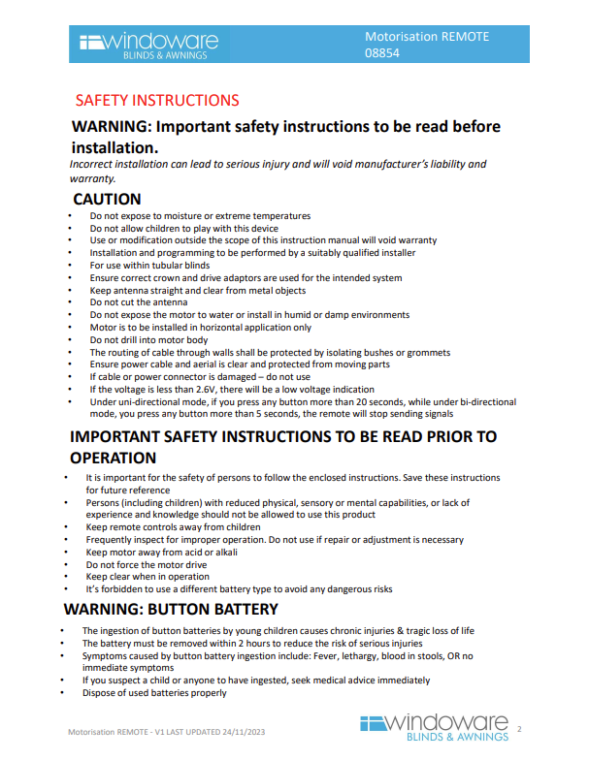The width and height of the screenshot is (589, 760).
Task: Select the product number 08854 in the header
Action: pos(381,53)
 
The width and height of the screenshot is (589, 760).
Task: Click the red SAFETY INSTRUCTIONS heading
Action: pos(156,100)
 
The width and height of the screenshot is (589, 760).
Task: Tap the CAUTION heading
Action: pos(107,199)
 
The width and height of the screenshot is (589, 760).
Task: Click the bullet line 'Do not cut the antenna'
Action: pos(139,302)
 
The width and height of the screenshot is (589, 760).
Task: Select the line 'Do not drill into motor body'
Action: pos(148,340)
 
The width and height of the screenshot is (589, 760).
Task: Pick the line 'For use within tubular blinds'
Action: pos(149,265)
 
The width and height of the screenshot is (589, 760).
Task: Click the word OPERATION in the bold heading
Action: pos(113,458)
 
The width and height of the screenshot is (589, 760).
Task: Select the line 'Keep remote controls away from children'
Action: pos(173,527)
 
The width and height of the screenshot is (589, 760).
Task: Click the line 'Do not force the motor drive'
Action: pos(147,564)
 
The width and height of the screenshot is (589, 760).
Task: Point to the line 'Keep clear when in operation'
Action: pos(147,576)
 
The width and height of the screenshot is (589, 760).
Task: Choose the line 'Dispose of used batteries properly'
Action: pos(154,692)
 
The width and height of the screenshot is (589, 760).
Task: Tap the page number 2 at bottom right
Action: pos(519,728)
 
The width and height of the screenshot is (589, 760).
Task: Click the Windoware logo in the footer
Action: pos(434,728)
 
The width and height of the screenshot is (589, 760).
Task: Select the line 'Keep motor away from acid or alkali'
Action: pos(161,552)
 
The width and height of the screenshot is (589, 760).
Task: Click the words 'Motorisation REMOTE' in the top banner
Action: pos(427,37)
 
